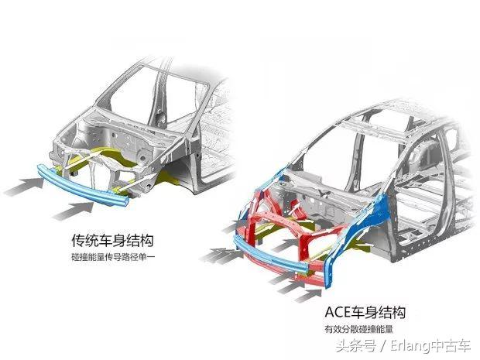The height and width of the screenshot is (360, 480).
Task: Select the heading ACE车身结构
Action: (365, 313)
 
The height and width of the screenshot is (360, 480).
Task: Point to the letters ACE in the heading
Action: (339, 313)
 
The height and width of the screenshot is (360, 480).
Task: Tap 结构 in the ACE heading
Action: (393, 313)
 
